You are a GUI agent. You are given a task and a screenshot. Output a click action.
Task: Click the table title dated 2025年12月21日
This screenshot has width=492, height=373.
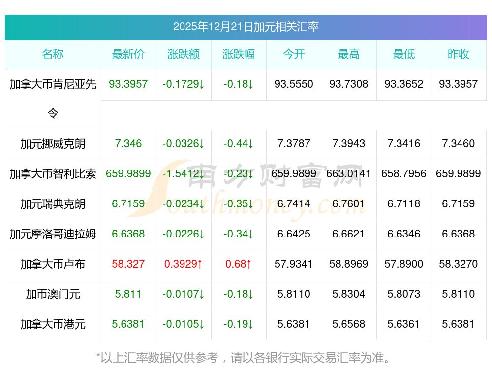(x=246, y=27)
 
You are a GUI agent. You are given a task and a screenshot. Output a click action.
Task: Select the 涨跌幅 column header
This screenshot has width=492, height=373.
(x=239, y=55)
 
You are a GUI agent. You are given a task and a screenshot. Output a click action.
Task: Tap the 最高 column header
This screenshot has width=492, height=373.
(x=349, y=55)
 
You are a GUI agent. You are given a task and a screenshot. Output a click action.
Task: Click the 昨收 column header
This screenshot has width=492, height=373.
(x=459, y=55)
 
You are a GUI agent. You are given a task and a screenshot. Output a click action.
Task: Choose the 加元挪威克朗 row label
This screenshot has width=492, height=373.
(x=53, y=144)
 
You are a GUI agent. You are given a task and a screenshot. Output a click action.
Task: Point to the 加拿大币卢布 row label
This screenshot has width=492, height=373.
(x=53, y=264)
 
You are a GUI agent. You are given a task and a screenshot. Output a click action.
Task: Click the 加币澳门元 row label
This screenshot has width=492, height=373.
(x=53, y=294)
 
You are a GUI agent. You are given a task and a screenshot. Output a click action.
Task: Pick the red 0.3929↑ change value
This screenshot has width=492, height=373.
(x=184, y=264)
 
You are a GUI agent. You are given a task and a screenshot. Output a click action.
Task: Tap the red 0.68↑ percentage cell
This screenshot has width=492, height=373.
(x=239, y=264)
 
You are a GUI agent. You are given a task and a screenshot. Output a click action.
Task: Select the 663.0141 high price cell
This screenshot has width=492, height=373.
(x=349, y=174)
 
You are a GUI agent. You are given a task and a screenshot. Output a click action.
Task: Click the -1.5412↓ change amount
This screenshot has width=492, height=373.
(x=184, y=174)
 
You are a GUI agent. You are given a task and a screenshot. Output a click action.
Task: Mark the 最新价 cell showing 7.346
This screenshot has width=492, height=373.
(x=128, y=144)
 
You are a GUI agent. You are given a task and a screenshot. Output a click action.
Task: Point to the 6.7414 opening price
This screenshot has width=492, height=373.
(x=294, y=204)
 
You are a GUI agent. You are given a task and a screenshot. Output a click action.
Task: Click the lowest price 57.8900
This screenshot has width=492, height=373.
(x=403, y=264)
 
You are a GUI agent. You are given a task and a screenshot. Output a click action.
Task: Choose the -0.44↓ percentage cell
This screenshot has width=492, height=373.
(x=239, y=144)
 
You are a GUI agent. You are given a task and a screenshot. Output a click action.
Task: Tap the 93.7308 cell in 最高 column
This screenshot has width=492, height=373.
(x=349, y=84)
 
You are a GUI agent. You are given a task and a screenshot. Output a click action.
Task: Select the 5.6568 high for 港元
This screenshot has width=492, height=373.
(x=349, y=324)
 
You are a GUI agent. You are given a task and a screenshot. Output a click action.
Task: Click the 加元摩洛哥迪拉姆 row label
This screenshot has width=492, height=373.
(x=53, y=234)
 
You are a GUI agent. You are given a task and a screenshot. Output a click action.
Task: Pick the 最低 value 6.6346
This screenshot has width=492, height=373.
(x=403, y=234)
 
